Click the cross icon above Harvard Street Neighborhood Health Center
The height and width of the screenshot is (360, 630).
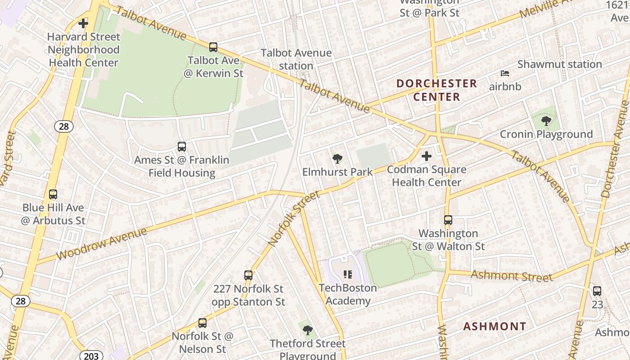(83, 23)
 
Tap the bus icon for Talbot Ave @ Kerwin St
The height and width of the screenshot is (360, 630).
(213, 47)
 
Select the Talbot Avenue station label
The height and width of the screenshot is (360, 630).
(296, 59)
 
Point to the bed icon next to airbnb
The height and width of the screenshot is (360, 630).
(505, 73)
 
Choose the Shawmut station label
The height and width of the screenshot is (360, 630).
(559, 64)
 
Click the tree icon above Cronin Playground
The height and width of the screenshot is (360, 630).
(546, 121)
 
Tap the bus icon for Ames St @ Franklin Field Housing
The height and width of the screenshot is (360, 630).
(182, 146)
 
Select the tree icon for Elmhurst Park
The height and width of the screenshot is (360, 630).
(337, 158)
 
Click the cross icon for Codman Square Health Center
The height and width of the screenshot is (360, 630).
(426, 156)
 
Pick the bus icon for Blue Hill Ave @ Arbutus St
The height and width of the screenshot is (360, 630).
(53, 194)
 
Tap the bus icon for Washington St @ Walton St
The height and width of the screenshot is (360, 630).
(448, 220)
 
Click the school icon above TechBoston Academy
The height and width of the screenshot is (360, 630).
(347, 274)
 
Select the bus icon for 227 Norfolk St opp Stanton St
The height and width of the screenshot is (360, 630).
(248, 275)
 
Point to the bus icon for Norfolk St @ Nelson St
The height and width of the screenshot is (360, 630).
(202, 323)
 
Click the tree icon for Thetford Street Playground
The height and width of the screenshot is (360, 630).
(307, 331)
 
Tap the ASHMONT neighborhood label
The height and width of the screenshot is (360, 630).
(495, 326)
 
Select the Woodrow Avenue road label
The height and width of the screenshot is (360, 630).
(102, 243)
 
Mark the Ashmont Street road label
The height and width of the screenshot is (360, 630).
(512, 275)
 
